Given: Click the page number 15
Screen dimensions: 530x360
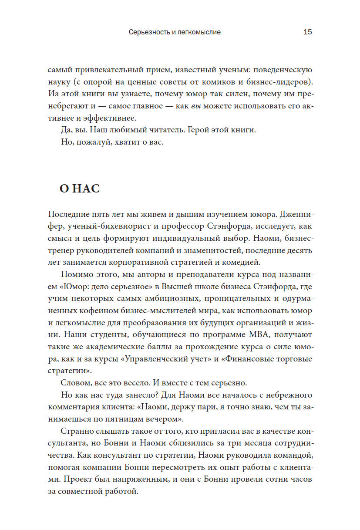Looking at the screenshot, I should [307, 32].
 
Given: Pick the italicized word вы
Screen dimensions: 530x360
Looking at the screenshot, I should [195, 106].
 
